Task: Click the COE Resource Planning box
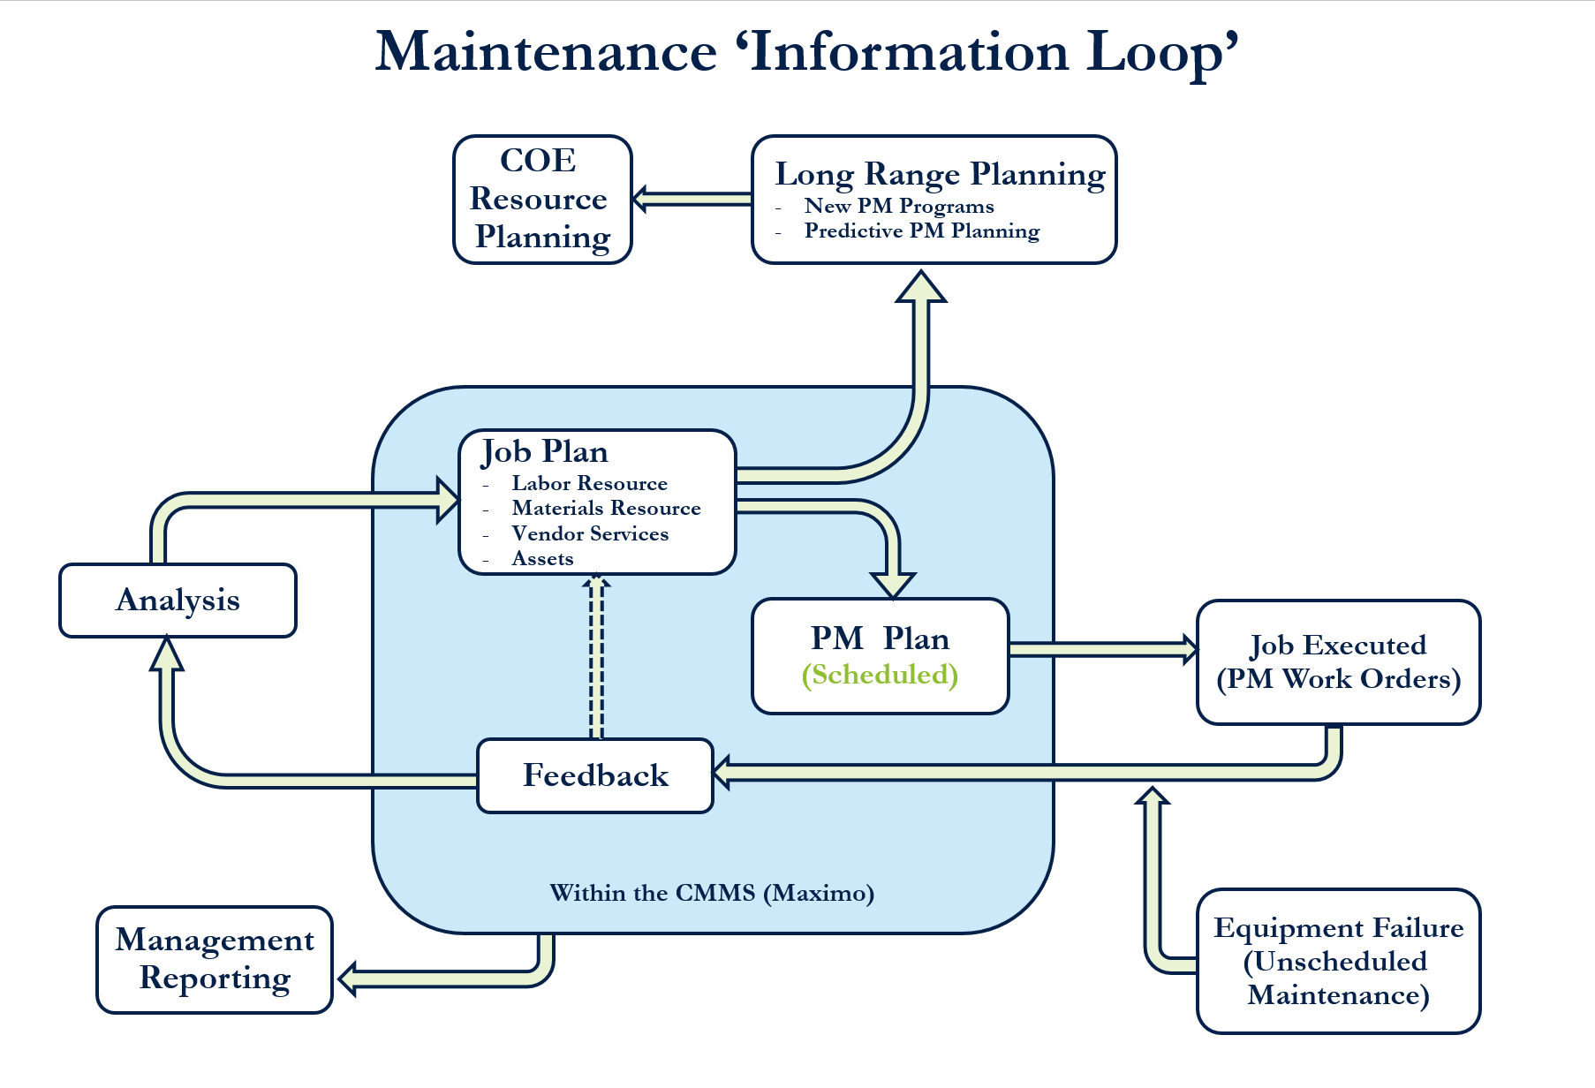tap(542, 200)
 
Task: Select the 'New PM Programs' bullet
tap(898, 207)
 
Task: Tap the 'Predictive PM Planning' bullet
tap(921, 231)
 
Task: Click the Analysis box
tap(178, 601)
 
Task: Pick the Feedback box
tap(594, 775)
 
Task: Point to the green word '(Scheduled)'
tap(880, 675)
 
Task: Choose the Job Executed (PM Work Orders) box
tap(1337, 662)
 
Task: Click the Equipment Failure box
tap(1337, 961)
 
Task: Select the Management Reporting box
tap(215, 959)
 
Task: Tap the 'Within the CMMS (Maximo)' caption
tap(712, 893)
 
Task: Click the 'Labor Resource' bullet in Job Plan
tap(589, 484)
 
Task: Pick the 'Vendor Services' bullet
tap(590, 534)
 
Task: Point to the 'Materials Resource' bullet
tap(606, 509)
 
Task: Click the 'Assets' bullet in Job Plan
tap(542, 559)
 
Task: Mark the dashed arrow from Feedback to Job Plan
tap(596, 658)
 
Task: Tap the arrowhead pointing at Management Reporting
tap(350, 978)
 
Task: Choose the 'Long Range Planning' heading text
tap(940, 175)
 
